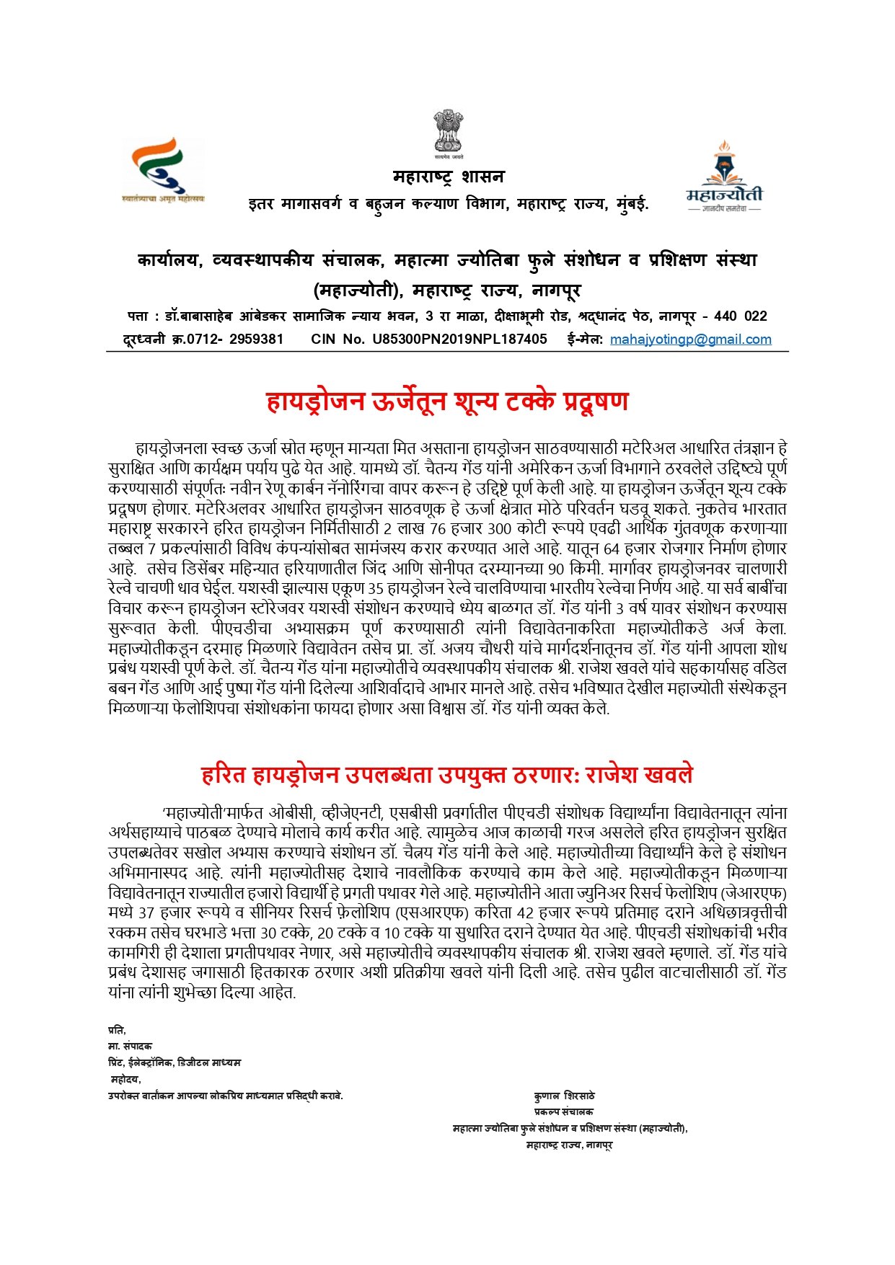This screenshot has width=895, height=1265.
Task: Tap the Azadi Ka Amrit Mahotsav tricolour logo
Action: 162,171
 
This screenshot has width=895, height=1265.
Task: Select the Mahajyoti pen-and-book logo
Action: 723,175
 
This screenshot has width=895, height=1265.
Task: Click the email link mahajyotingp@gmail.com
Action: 690,339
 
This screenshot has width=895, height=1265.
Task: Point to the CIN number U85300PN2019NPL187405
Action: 459,339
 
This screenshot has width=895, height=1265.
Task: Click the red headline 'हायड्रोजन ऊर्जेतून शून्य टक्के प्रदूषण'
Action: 447,401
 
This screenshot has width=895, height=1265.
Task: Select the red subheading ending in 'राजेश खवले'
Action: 447,775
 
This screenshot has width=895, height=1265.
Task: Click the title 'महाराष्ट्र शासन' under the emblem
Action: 448,177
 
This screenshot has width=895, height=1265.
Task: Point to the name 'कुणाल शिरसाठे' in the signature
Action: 564,1096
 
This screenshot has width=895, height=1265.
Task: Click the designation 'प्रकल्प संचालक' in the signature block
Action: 563,1112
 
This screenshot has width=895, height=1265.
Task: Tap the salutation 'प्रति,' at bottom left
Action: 117,1030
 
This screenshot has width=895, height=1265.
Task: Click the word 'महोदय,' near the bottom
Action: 125,1079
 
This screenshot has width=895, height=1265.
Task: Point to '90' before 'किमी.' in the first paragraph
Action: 576,569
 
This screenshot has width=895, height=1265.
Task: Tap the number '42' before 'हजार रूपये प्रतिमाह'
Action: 526,913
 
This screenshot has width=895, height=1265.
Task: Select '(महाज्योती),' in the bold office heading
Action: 358,290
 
